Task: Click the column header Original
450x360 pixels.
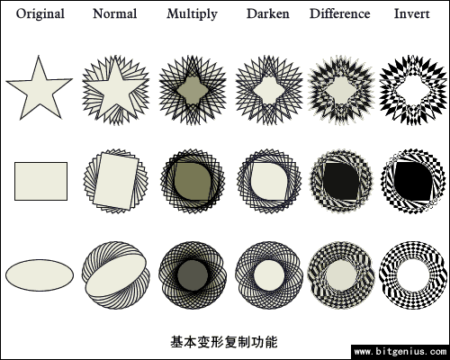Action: click(x=40, y=14)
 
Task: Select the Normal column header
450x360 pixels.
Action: click(x=115, y=13)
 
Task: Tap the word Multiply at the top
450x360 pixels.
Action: click(x=192, y=14)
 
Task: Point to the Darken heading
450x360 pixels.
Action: click(x=268, y=13)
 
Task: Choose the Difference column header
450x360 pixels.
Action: click(x=339, y=13)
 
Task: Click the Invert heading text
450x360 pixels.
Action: click(x=411, y=13)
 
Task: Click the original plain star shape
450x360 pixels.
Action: click(x=40, y=90)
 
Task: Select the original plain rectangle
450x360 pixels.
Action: click(x=40, y=181)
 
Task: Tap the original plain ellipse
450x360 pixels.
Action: click(x=40, y=275)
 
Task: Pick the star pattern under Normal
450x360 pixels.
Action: click(x=116, y=90)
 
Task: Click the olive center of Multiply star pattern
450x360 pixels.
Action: click(x=192, y=90)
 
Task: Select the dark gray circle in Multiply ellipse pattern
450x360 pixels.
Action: click(x=193, y=275)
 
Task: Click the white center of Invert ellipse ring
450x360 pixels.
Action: click(x=411, y=275)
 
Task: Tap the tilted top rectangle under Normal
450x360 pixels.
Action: click(x=116, y=181)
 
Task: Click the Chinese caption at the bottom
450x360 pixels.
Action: click(x=224, y=342)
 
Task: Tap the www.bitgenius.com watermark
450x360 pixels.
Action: click(x=400, y=351)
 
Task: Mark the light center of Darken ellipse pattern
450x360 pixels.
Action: click(x=269, y=275)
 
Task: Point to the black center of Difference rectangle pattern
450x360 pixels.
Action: click(x=341, y=182)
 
